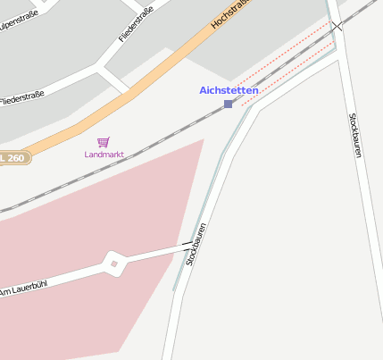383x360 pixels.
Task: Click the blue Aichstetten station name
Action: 229,90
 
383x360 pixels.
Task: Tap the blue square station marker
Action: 229,105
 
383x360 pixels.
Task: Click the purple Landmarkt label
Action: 104,155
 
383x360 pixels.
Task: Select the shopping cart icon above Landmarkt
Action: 104,142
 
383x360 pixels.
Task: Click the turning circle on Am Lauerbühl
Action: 113,264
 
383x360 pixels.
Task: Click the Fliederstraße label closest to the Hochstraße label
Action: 137,24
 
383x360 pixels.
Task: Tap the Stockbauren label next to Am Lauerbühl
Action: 196,244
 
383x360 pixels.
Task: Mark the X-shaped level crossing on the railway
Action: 337,28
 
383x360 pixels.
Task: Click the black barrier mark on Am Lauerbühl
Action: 185,245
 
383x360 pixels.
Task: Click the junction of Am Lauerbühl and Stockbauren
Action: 189,244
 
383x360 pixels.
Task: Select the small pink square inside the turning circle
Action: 113,264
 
